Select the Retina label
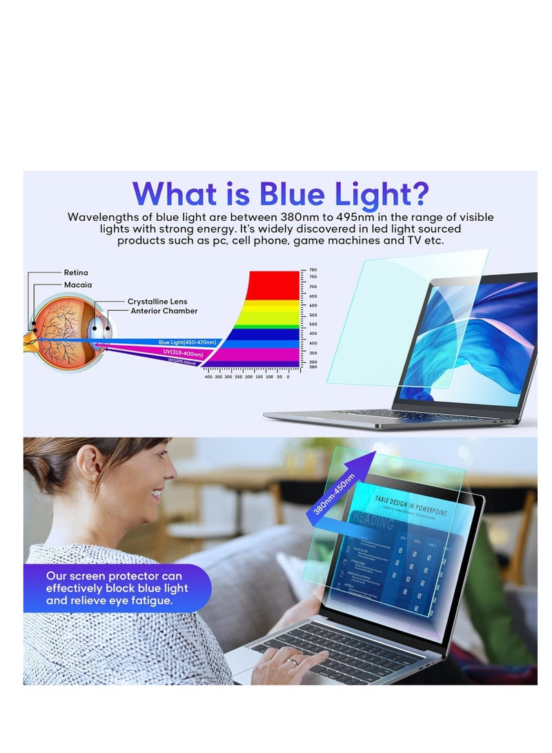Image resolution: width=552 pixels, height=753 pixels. [76, 273]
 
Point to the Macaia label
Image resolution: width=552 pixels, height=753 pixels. [77, 284]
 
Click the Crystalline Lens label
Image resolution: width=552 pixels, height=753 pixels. [157, 302]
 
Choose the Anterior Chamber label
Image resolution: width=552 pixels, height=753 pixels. [164, 311]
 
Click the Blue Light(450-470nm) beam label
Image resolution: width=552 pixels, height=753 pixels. [187, 342]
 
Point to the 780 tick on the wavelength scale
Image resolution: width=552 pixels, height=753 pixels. [313, 270]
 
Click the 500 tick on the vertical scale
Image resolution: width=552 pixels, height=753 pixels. [313, 324]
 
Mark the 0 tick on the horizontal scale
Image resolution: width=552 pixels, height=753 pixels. [288, 377]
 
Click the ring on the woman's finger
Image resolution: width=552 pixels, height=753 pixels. [293, 663]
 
